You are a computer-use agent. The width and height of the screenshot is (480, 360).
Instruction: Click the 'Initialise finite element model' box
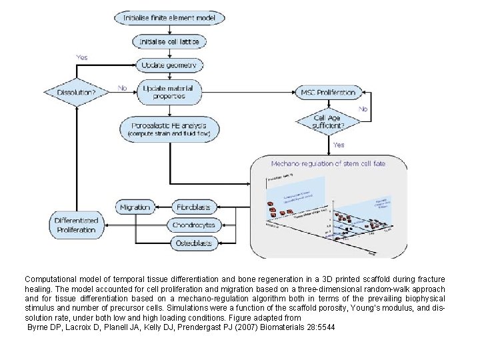(169, 17)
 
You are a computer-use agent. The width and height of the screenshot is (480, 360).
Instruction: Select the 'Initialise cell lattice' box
(169, 41)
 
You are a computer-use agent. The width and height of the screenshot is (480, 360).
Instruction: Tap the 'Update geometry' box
(169, 65)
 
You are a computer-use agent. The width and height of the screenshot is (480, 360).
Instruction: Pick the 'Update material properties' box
(169, 91)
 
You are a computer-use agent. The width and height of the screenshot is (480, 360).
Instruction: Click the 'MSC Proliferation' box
(329, 92)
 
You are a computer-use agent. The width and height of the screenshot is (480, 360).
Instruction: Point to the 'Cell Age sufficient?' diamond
(328, 122)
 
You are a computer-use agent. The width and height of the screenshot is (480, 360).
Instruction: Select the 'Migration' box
(135, 207)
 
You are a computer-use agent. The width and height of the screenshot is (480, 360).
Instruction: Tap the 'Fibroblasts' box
(193, 207)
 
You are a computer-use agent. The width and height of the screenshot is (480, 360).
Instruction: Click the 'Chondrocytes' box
(193, 225)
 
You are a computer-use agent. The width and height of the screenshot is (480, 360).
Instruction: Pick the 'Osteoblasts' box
(193, 243)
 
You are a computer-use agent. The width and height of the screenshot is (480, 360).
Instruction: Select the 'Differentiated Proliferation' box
(77, 225)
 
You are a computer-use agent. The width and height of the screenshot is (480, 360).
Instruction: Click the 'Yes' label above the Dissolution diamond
(81, 57)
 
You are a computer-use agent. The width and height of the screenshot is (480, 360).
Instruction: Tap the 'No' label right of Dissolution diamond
(122, 87)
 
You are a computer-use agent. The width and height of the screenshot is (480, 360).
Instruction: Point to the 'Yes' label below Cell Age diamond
(339, 145)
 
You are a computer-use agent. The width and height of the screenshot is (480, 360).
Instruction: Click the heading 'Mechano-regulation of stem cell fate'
(328, 163)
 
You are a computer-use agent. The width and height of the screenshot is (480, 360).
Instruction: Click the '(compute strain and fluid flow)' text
(169, 134)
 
